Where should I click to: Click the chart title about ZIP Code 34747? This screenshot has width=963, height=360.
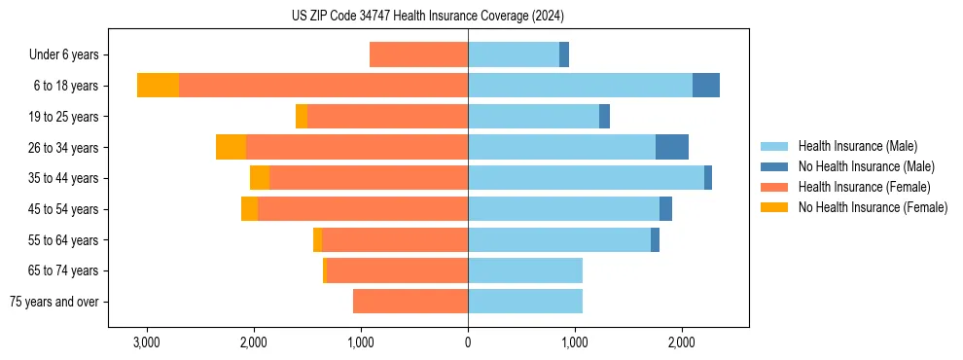point(428,16)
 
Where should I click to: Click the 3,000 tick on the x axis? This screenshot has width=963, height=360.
point(146,342)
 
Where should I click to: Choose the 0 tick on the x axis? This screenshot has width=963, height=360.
point(468,342)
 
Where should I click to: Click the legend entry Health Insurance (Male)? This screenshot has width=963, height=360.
point(857,146)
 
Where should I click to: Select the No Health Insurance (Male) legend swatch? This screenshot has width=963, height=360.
point(774,166)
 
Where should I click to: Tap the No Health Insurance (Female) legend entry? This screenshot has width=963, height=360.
point(873,207)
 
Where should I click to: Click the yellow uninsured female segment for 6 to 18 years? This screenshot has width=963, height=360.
point(158,86)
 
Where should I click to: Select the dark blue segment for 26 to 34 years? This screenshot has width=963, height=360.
point(672,147)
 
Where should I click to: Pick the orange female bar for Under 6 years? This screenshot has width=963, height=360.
point(418,54)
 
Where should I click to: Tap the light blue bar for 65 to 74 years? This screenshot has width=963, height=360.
point(525,270)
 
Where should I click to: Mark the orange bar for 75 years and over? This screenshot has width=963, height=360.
point(410,302)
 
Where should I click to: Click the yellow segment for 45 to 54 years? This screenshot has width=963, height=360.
point(249,209)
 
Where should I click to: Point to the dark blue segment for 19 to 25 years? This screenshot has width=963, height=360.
point(604,117)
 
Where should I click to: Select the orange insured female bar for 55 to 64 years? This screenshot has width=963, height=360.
point(395,239)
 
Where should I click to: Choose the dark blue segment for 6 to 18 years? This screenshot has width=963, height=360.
point(706,86)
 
